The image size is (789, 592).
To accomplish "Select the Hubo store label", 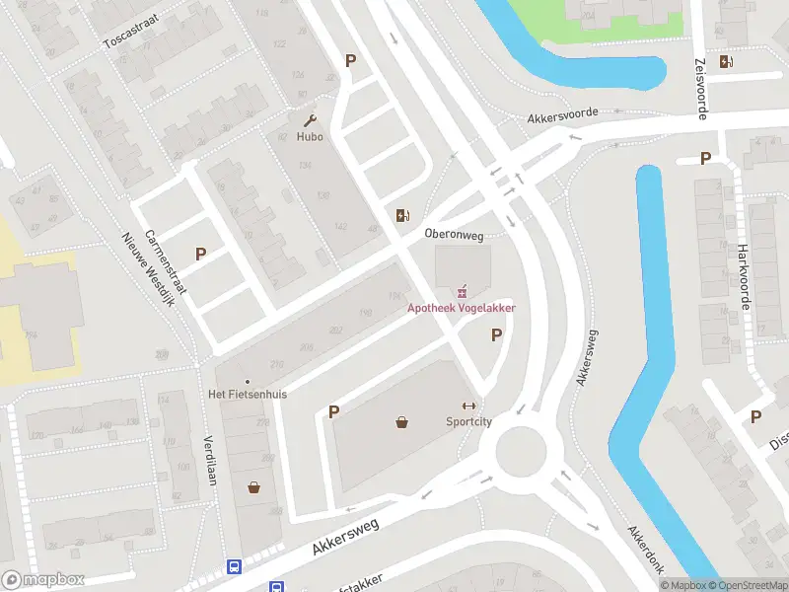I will (310, 136).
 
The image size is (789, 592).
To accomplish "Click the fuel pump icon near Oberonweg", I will (401, 216).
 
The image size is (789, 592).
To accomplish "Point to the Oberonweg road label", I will (454, 235).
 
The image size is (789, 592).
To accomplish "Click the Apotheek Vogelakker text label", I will (463, 308).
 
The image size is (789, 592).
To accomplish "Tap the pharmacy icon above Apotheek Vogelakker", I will (461, 291).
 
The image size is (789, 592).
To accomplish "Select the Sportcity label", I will (468, 421).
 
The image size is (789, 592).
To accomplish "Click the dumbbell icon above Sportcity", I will (468, 406).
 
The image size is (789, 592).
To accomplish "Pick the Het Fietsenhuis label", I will (248, 394).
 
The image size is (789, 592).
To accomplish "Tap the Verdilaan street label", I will (209, 460).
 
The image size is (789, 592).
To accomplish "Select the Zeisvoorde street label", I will (701, 89).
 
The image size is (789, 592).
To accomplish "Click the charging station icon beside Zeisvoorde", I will (727, 61).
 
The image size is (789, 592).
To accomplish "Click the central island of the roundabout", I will (520, 453).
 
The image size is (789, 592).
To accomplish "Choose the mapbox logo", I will (43, 579).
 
